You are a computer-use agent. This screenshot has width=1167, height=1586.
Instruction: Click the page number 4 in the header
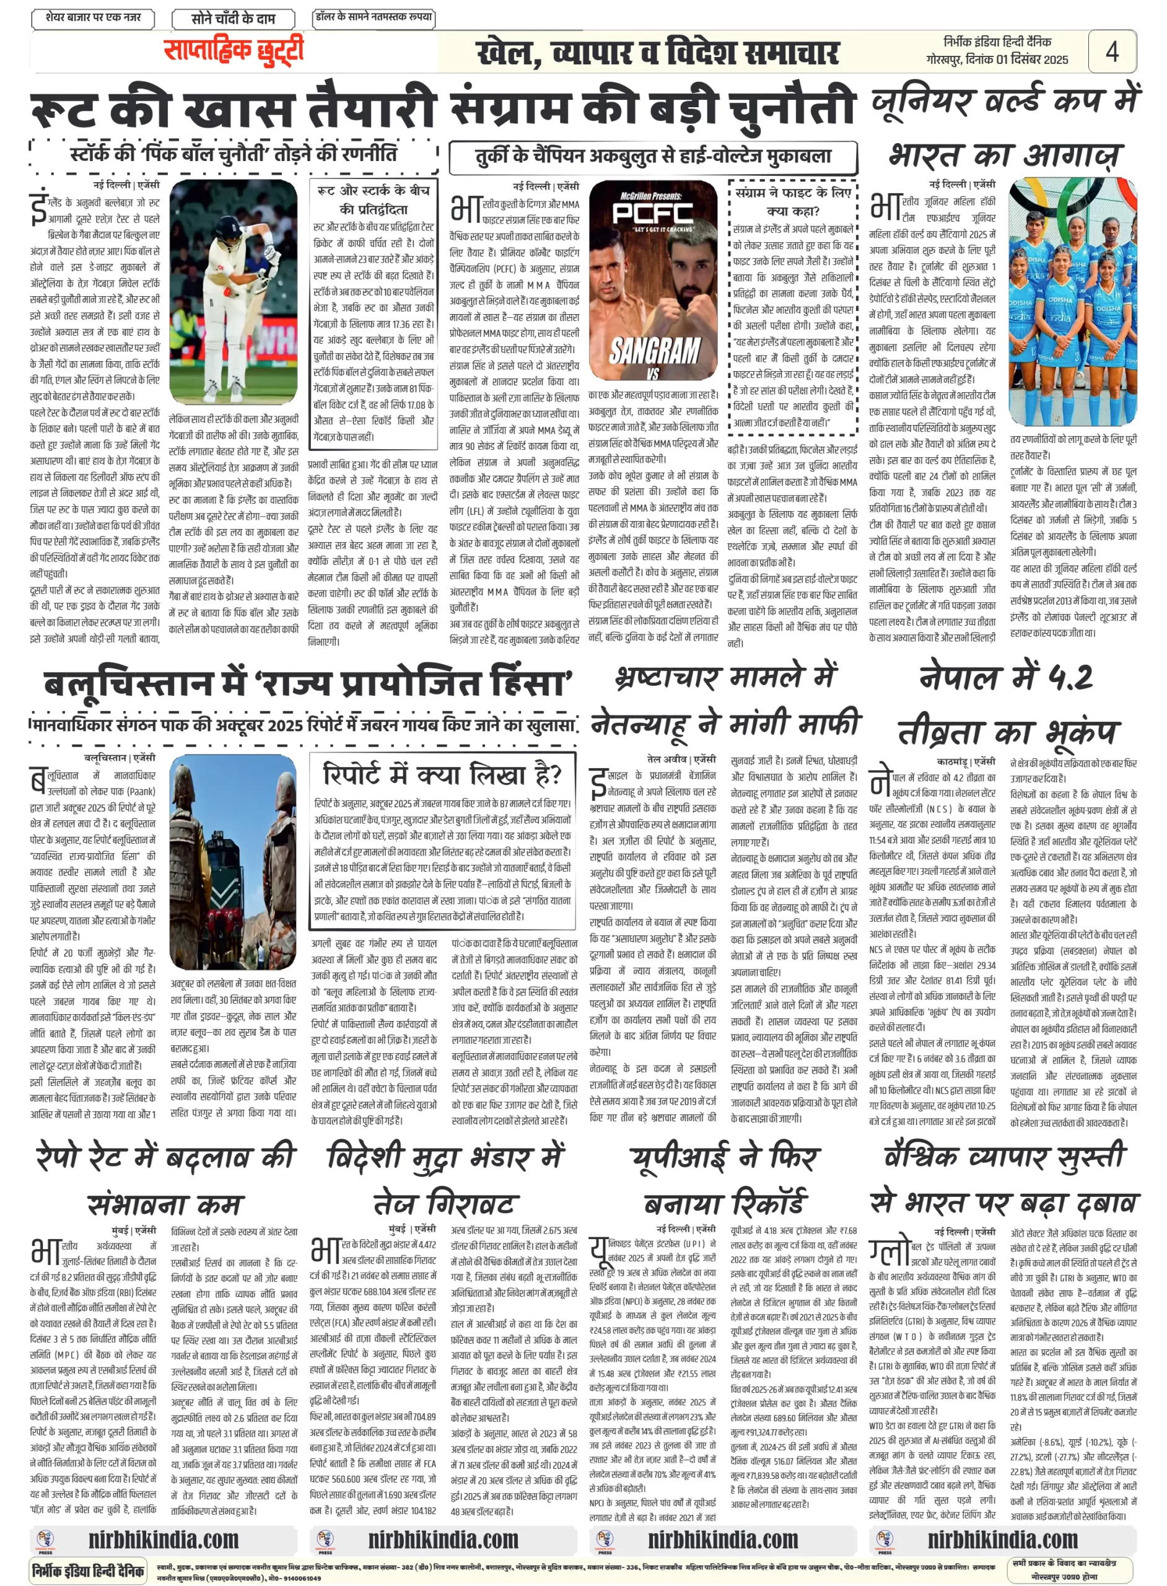[x=1111, y=52]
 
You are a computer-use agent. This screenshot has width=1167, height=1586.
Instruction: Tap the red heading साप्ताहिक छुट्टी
[x=233, y=51]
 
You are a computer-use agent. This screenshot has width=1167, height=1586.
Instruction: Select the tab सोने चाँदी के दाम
[x=232, y=19]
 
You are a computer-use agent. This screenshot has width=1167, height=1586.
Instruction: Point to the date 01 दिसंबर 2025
[x=1031, y=61]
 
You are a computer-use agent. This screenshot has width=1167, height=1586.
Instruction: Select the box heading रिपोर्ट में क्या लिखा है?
[x=442, y=775]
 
